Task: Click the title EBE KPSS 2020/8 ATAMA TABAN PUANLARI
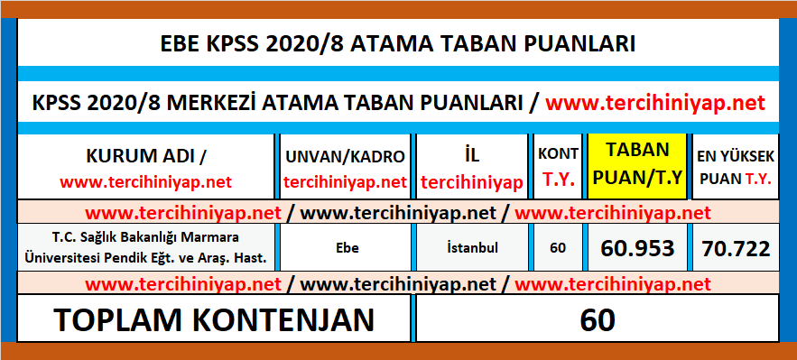point(398,44)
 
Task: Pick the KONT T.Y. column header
point(558,167)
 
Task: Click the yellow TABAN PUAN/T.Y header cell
point(636,167)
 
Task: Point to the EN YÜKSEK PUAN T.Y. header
point(734,167)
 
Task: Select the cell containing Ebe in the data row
point(346,246)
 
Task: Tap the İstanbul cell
point(472,246)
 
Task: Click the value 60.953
point(636,247)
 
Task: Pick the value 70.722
point(734,247)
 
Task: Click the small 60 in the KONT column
point(558,247)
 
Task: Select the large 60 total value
point(597,319)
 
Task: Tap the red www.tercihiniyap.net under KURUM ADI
point(146,181)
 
